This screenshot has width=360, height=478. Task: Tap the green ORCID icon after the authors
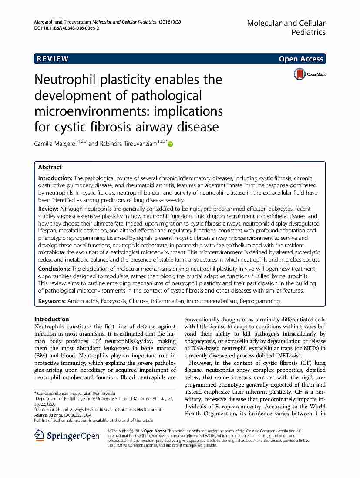click(x=170, y=144)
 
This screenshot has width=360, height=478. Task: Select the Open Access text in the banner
click(x=302, y=59)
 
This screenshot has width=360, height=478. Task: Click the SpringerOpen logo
click(x=67, y=436)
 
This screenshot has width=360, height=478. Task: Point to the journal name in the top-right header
click(x=286, y=27)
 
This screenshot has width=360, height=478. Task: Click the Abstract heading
click(x=50, y=167)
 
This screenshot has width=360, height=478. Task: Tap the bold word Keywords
click(x=52, y=301)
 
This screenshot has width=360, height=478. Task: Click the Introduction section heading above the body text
click(x=51, y=319)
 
